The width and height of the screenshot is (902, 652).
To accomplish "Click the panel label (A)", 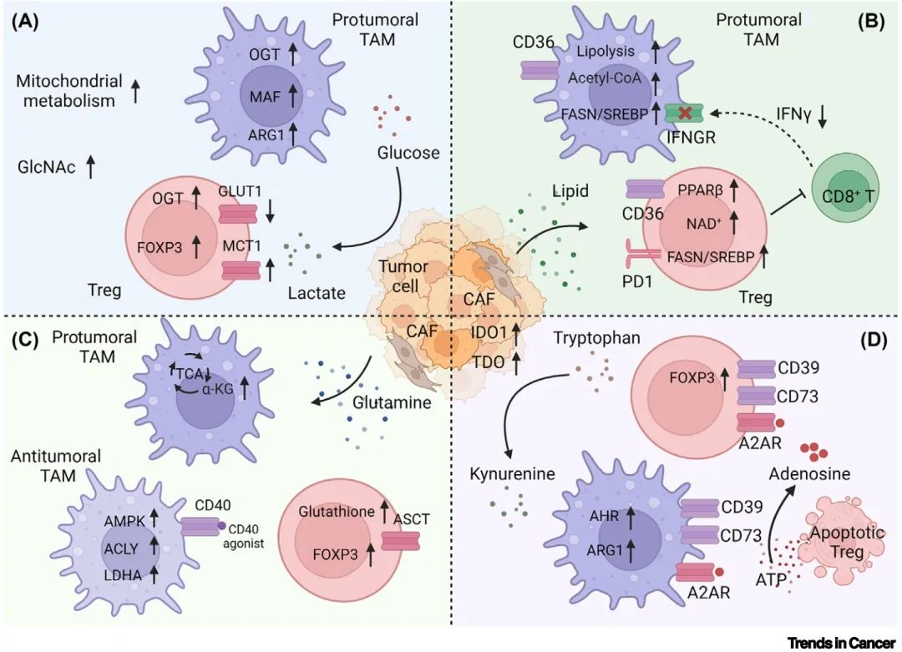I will [x=23, y=21].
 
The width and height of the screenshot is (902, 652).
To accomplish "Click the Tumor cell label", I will [x=405, y=276].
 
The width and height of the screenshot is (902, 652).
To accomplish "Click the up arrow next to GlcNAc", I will [x=91, y=166].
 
